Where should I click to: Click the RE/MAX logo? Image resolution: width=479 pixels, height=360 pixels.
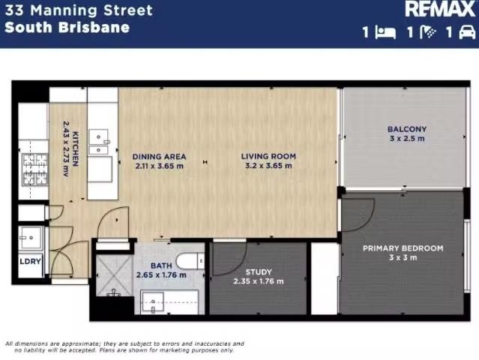(x=440, y=9)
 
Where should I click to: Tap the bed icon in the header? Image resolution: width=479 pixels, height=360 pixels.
(x=385, y=32)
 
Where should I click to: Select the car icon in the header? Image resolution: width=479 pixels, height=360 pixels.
(x=467, y=32)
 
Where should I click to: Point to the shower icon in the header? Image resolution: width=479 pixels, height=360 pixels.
(x=428, y=32)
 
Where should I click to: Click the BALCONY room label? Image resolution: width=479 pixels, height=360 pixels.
(x=407, y=129)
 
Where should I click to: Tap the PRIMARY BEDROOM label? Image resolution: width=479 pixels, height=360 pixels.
(x=403, y=248)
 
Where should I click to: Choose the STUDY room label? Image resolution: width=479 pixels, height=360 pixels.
(x=259, y=272)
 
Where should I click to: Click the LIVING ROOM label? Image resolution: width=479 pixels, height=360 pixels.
(x=268, y=156)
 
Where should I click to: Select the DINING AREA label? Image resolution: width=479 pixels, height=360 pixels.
(x=159, y=157)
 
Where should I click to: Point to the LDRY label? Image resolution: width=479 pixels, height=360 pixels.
(x=30, y=261)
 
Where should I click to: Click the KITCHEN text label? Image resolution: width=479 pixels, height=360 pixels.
(x=76, y=149)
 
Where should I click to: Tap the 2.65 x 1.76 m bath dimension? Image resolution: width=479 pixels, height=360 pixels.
(x=161, y=275)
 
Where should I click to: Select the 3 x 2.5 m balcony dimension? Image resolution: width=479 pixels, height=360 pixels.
(x=407, y=139)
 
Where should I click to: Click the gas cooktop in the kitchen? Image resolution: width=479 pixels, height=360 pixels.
(x=35, y=169)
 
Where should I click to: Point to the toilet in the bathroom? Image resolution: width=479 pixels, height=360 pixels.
(x=190, y=261)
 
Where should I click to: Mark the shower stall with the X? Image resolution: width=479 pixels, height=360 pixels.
(x=115, y=276)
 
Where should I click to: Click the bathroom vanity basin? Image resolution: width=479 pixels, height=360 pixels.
(x=152, y=302)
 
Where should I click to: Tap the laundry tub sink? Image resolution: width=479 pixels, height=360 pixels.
(x=31, y=238)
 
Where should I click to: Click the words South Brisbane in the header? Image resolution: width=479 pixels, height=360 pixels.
(x=67, y=28)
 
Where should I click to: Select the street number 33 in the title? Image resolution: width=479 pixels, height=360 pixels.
(x=14, y=10)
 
